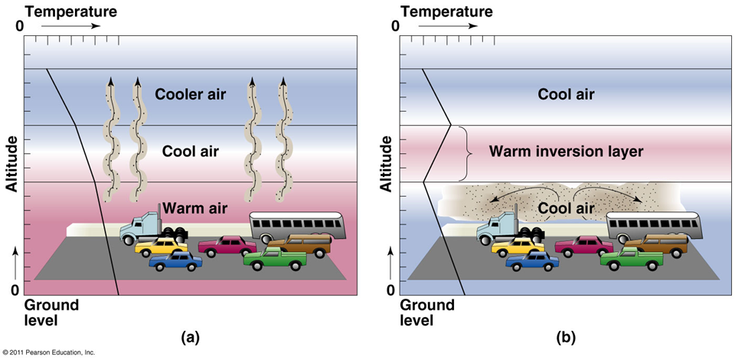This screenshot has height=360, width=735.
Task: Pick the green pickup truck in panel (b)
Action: point(631,258)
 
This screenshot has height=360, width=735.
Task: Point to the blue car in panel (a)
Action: point(175,261)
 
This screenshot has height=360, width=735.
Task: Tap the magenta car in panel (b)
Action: point(584,246)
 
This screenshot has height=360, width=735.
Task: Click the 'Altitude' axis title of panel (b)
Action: point(386,164)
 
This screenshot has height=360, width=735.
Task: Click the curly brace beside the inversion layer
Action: point(462,152)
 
